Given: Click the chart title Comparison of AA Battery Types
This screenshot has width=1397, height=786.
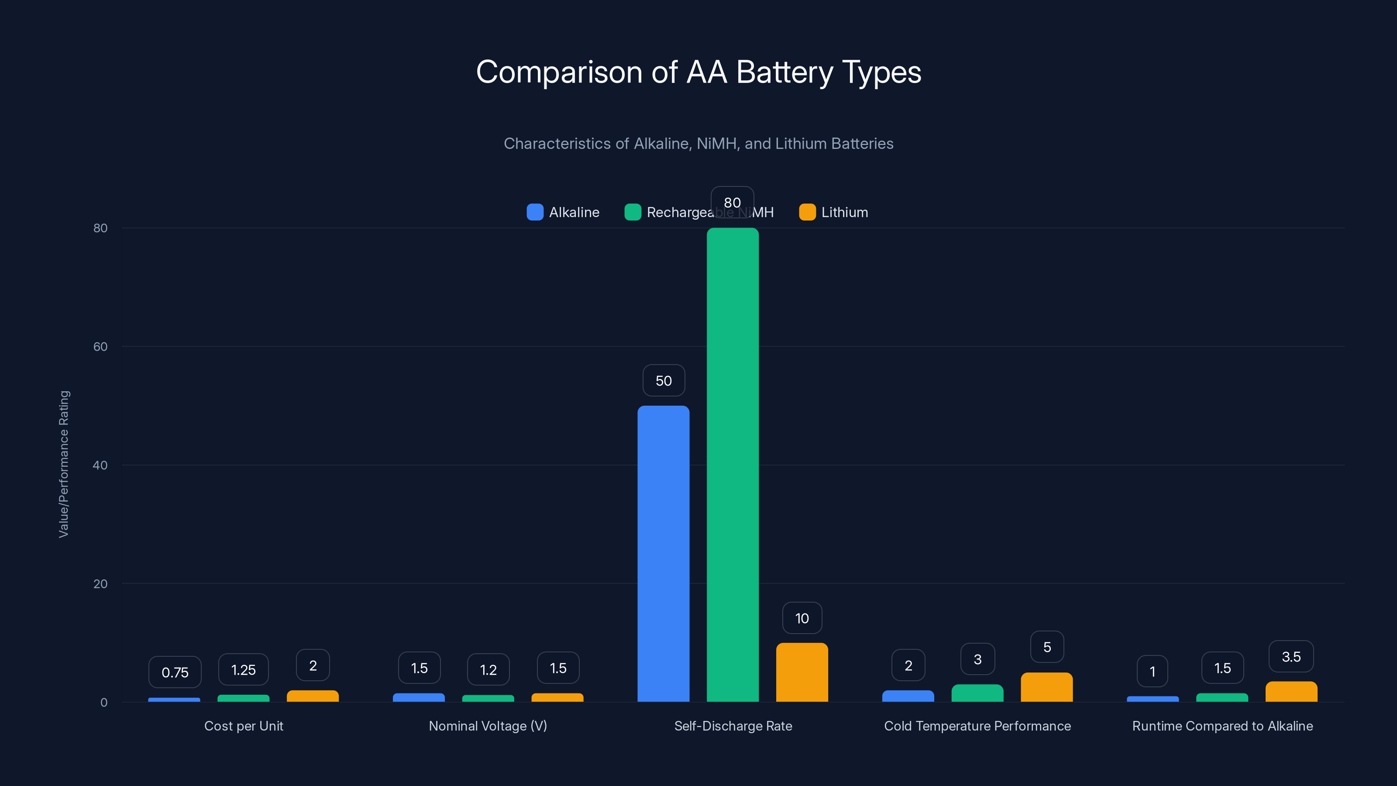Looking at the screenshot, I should (x=698, y=72).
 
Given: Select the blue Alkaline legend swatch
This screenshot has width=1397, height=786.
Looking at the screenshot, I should (x=535, y=212).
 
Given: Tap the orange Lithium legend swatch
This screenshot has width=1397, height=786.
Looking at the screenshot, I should (x=807, y=212).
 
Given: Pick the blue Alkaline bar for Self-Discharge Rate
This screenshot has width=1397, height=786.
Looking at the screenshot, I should (x=663, y=553).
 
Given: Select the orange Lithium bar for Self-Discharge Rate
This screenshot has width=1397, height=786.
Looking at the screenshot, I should (x=802, y=672).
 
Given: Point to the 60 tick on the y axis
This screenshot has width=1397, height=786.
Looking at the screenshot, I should (x=100, y=347).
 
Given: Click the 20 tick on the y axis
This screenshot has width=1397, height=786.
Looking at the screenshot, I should (x=100, y=584).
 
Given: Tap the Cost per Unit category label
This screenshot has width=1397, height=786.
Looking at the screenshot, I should (x=244, y=726).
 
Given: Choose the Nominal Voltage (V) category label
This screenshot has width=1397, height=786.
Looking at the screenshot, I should (x=488, y=726).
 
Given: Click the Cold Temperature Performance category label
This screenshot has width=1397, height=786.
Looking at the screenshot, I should (x=977, y=726).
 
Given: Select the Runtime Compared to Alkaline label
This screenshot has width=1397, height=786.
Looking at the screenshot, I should (x=1222, y=726).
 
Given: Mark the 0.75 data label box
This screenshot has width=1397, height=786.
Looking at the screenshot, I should (x=175, y=672).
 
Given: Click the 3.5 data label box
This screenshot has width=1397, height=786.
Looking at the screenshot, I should (x=1291, y=656).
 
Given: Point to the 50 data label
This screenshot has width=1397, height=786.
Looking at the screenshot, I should (x=663, y=380).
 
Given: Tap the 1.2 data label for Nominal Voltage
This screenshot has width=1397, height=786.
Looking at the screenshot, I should (x=488, y=670).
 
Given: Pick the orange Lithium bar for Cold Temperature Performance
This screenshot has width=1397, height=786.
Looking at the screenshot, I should (x=1047, y=687).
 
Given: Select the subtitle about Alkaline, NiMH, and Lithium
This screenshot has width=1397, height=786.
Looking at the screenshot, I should (x=698, y=143).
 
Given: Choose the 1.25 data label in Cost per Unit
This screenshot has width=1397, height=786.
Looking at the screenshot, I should (x=244, y=670).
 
